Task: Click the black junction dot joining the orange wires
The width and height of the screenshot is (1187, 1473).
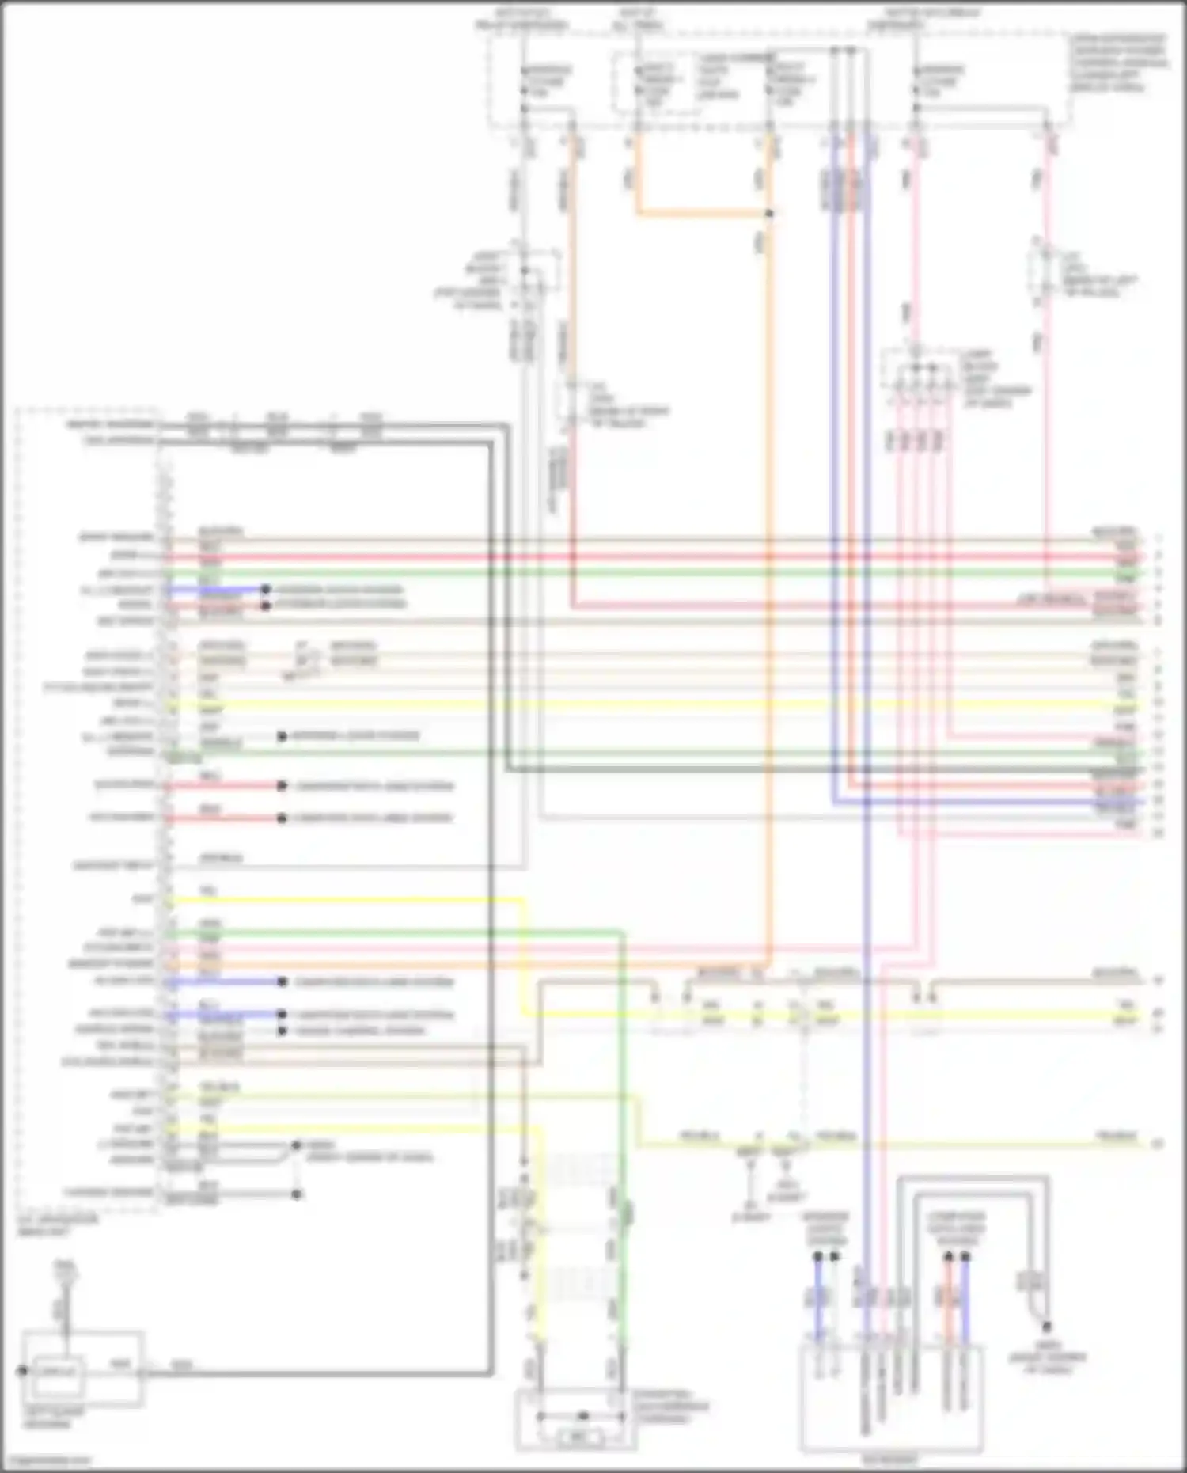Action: click(x=769, y=214)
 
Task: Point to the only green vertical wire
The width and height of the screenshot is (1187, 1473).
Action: click(x=623, y=1108)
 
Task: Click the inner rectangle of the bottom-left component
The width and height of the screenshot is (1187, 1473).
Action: click(x=56, y=1369)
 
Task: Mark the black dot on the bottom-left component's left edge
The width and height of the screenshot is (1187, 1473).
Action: click(x=22, y=1369)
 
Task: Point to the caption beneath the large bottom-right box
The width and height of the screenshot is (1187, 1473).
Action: click(x=892, y=1458)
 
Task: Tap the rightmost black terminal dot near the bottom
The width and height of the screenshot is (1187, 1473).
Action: click(x=1046, y=1327)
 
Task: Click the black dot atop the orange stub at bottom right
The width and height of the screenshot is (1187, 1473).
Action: click(x=948, y=1257)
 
